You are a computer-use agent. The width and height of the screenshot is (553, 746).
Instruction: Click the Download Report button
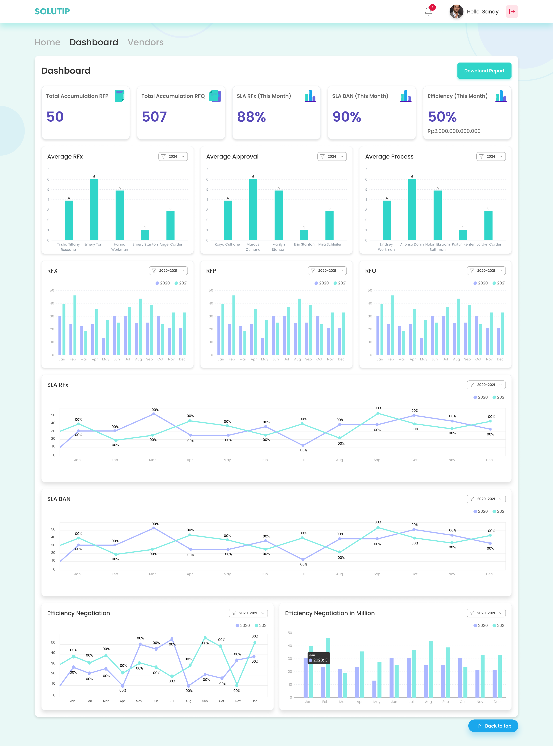484,71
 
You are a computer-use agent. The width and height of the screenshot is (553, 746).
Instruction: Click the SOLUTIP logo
52,11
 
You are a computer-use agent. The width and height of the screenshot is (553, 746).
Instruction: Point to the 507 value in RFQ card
154,117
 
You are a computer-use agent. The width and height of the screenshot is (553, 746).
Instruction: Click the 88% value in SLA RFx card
251,117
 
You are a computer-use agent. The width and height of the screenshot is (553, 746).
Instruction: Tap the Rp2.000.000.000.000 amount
454,131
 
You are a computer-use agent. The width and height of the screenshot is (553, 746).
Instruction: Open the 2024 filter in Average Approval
332,156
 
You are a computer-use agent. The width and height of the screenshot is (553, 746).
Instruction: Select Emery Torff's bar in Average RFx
94,209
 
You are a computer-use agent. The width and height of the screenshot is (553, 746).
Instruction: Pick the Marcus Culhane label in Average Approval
253,247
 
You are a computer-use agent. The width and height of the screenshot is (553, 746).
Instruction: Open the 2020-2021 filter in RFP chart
327,271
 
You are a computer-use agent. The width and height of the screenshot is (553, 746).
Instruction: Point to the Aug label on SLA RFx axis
339,460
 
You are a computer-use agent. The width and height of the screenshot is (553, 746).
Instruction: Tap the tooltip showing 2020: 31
319,658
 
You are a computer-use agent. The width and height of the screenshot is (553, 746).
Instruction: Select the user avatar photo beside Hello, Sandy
456,11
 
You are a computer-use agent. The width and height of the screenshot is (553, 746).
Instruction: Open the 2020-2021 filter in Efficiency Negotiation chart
248,613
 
